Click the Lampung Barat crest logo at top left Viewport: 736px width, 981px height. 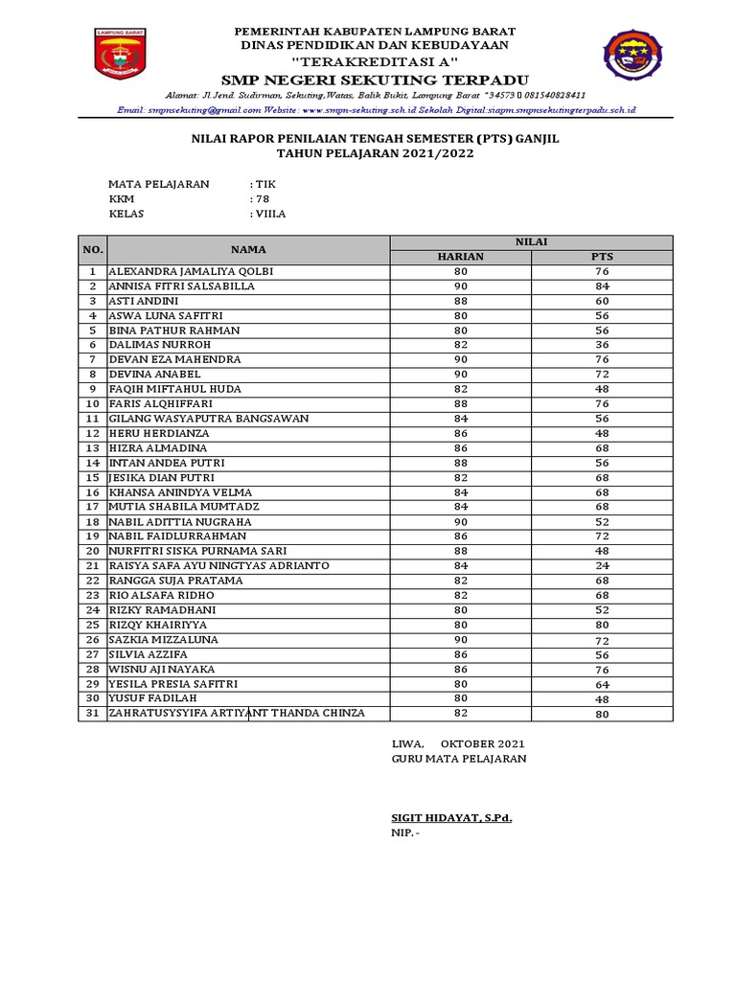tap(121, 55)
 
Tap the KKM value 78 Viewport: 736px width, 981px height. tap(262, 199)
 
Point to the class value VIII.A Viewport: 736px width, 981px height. tap(268, 214)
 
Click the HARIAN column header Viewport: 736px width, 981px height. tap(460, 257)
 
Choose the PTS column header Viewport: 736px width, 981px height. tap(602, 257)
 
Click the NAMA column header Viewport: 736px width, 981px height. tap(247, 249)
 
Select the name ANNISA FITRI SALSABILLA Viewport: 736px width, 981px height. tap(182, 285)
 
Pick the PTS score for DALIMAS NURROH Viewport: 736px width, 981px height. tap(602, 345)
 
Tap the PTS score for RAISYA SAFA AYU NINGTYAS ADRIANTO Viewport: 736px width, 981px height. tap(602, 565)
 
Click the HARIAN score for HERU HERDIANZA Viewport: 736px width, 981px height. tap(460, 433)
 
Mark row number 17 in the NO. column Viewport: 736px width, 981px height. tap(93, 507)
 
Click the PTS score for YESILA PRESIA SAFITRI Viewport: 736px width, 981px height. tap(602, 684)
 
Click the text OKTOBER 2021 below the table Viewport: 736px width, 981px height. tap(482, 744)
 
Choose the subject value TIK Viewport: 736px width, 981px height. tap(265, 184)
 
